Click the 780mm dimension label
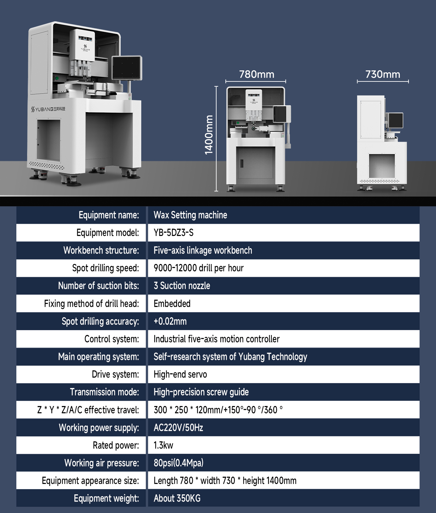point(256,75)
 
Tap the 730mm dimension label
point(383,75)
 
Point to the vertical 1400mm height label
point(209,135)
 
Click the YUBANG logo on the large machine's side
point(48,109)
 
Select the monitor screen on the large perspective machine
point(127,68)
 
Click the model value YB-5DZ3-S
point(173,233)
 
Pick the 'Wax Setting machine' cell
point(190,215)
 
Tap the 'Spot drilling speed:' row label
point(105,268)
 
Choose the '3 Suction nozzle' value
point(182,286)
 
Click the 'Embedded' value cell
point(172,304)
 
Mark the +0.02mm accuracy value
point(170,321)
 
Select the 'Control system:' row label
point(112,339)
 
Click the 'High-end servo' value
point(180,374)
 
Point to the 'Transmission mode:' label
point(104,392)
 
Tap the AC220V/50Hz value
point(178,428)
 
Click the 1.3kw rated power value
point(163,445)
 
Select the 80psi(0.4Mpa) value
point(178,463)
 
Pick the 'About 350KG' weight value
point(177,498)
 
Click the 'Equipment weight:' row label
point(106,498)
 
